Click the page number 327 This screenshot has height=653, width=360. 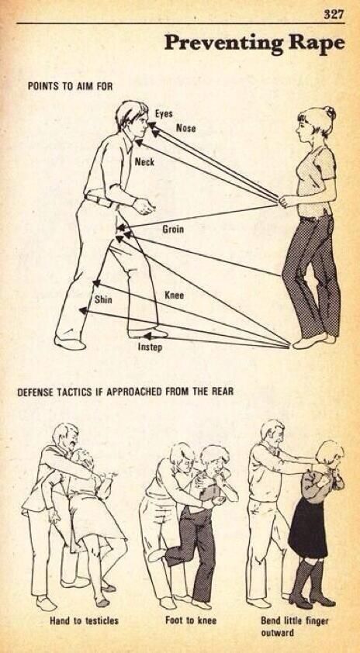pos(334,15)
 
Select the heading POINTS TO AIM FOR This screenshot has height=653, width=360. pos(70,87)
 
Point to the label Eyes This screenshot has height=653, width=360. pos(164,114)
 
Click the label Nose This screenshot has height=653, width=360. pos(186,128)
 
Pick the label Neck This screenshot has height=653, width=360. pos(144,162)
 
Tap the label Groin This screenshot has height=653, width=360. pos(173,230)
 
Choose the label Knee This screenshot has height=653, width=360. pos(174,295)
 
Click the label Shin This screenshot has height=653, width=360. pos(103,299)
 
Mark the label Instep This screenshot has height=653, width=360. pos(150,347)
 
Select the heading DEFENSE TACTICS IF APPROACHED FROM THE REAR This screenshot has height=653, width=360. pos(126,392)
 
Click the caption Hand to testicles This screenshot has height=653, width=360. pos(84,621)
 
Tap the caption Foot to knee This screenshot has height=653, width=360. pos(191,620)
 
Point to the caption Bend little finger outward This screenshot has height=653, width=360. pos(295,627)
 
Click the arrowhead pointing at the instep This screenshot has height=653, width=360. pos(147,336)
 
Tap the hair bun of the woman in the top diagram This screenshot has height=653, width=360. pos(331,112)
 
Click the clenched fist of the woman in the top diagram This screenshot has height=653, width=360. pos(286,201)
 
